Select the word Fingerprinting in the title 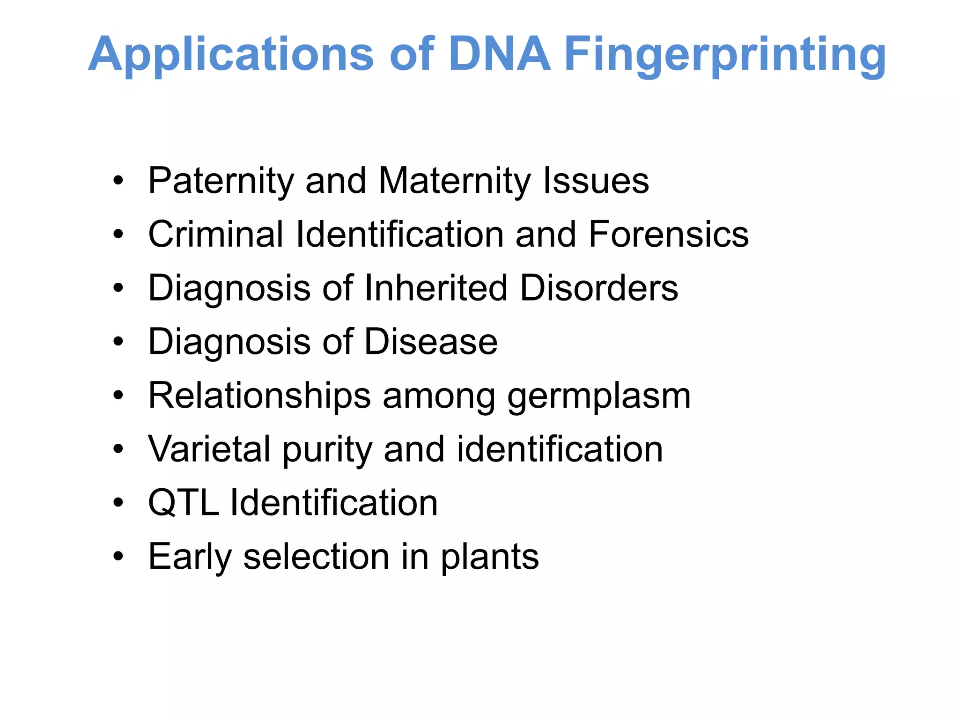(725, 55)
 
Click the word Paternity (220, 181)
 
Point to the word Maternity (454, 181)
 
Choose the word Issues (596, 181)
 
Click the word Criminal (215, 235)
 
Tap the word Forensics (669, 235)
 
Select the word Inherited (435, 288)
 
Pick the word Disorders (599, 288)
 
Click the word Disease (431, 342)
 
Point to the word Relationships (259, 396)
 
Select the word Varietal (209, 449)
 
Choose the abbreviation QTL (183, 503)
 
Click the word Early (190, 557)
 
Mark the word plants (490, 557)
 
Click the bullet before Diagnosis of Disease (118, 342)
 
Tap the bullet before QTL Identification (118, 503)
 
